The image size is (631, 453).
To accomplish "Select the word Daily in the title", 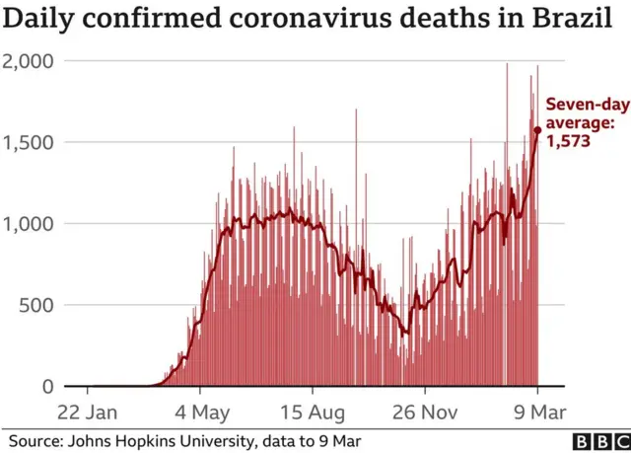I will (x=45, y=18).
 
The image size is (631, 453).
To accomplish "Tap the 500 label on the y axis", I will (x=36, y=305).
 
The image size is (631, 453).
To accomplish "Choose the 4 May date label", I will (x=202, y=410).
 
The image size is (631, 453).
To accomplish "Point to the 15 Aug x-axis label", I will (x=313, y=410).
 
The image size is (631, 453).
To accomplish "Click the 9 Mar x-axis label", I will (x=537, y=410).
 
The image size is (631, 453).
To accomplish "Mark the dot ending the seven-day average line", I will (x=537, y=129).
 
